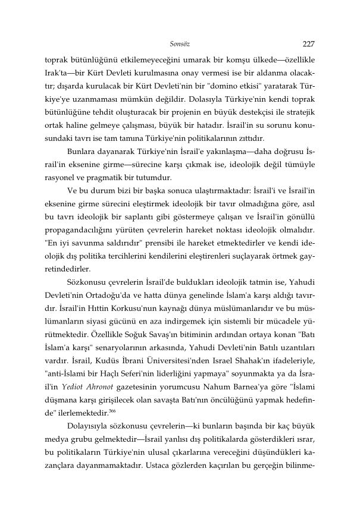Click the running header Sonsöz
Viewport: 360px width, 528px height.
[180, 44]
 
